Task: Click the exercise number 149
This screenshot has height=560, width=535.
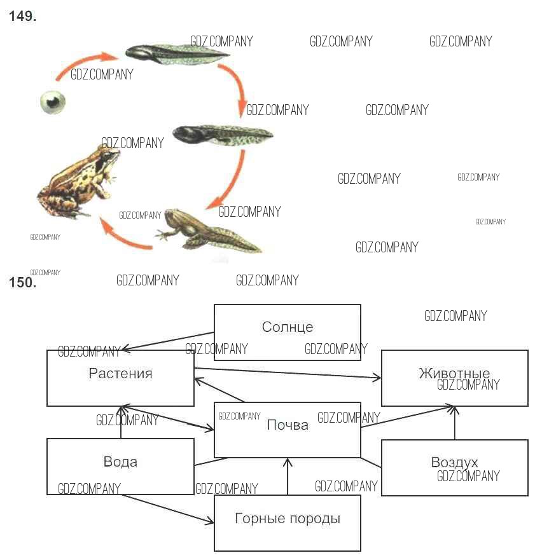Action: (x=22, y=17)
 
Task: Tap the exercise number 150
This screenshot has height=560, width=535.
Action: (x=22, y=283)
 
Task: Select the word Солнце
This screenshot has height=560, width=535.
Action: (x=288, y=327)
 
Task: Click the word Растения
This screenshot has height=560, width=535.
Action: (x=120, y=373)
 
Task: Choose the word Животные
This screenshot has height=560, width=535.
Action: (x=454, y=373)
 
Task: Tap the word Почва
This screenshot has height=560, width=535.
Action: (x=288, y=425)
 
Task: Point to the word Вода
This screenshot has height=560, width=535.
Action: (x=120, y=461)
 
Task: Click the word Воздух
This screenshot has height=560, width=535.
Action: (x=454, y=462)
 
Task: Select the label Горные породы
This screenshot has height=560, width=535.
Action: (x=288, y=519)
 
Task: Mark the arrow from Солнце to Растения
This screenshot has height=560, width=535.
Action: (x=169, y=341)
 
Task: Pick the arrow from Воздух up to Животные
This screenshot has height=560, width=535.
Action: (x=455, y=422)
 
